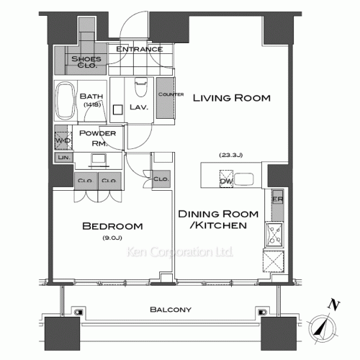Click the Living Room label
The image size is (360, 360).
[230, 98]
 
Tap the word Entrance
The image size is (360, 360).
[139, 50]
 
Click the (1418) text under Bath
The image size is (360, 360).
[91, 105]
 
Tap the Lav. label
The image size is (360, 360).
[138, 108]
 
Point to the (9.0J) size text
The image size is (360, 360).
[112, 238]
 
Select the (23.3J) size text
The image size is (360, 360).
[230, 154]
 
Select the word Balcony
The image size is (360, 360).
[170, 310]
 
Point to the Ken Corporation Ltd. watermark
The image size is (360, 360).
[180, 253]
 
